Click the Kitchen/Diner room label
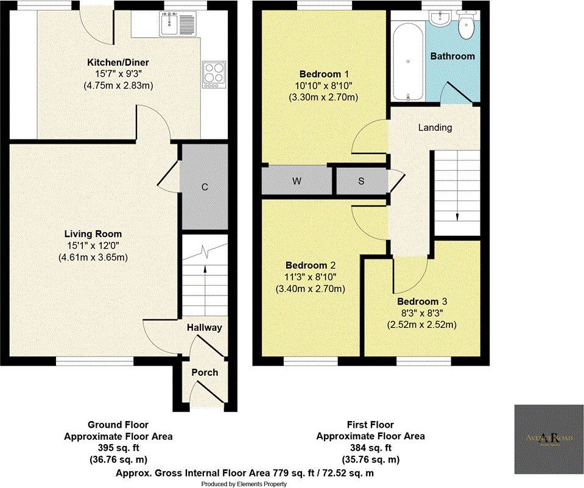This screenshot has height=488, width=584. [118, 62]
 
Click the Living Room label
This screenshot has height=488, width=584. [93, 234]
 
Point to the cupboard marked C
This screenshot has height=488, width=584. [205, 188]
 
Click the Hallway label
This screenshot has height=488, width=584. [204, 328]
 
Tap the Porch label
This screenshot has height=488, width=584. [205, 372]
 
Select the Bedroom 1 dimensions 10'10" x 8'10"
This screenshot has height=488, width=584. [322, 86]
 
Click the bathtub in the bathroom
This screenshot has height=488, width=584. [407, 61]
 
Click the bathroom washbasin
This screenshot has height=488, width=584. [438, 19]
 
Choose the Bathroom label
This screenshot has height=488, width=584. [452, 56]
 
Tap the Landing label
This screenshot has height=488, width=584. [435, 127]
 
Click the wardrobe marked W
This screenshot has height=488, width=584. [297, 181]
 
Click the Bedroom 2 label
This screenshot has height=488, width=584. [311, 266]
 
